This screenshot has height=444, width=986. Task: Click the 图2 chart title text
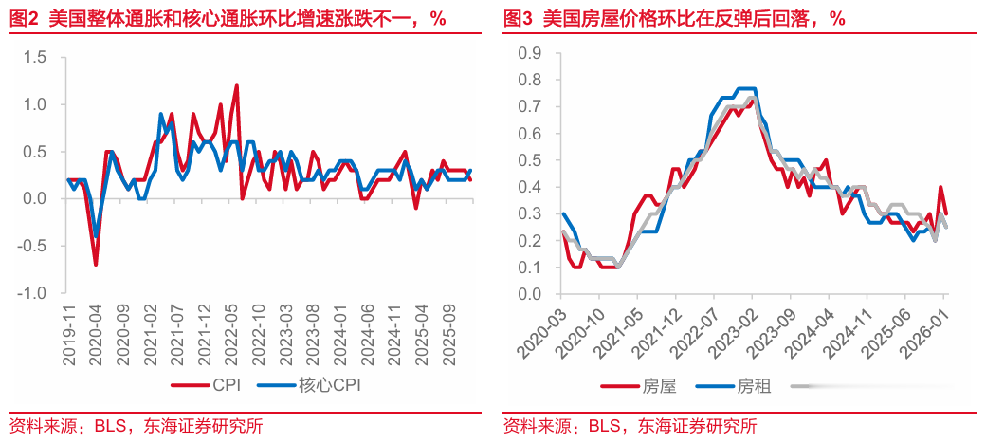(x=228, y=18)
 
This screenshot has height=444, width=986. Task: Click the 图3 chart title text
(x=673, y=18)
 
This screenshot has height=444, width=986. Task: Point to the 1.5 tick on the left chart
(x=35, y=58)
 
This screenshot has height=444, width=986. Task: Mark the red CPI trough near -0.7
(x=96, y=264)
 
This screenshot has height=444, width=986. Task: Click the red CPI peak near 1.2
(x=236, y=86)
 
